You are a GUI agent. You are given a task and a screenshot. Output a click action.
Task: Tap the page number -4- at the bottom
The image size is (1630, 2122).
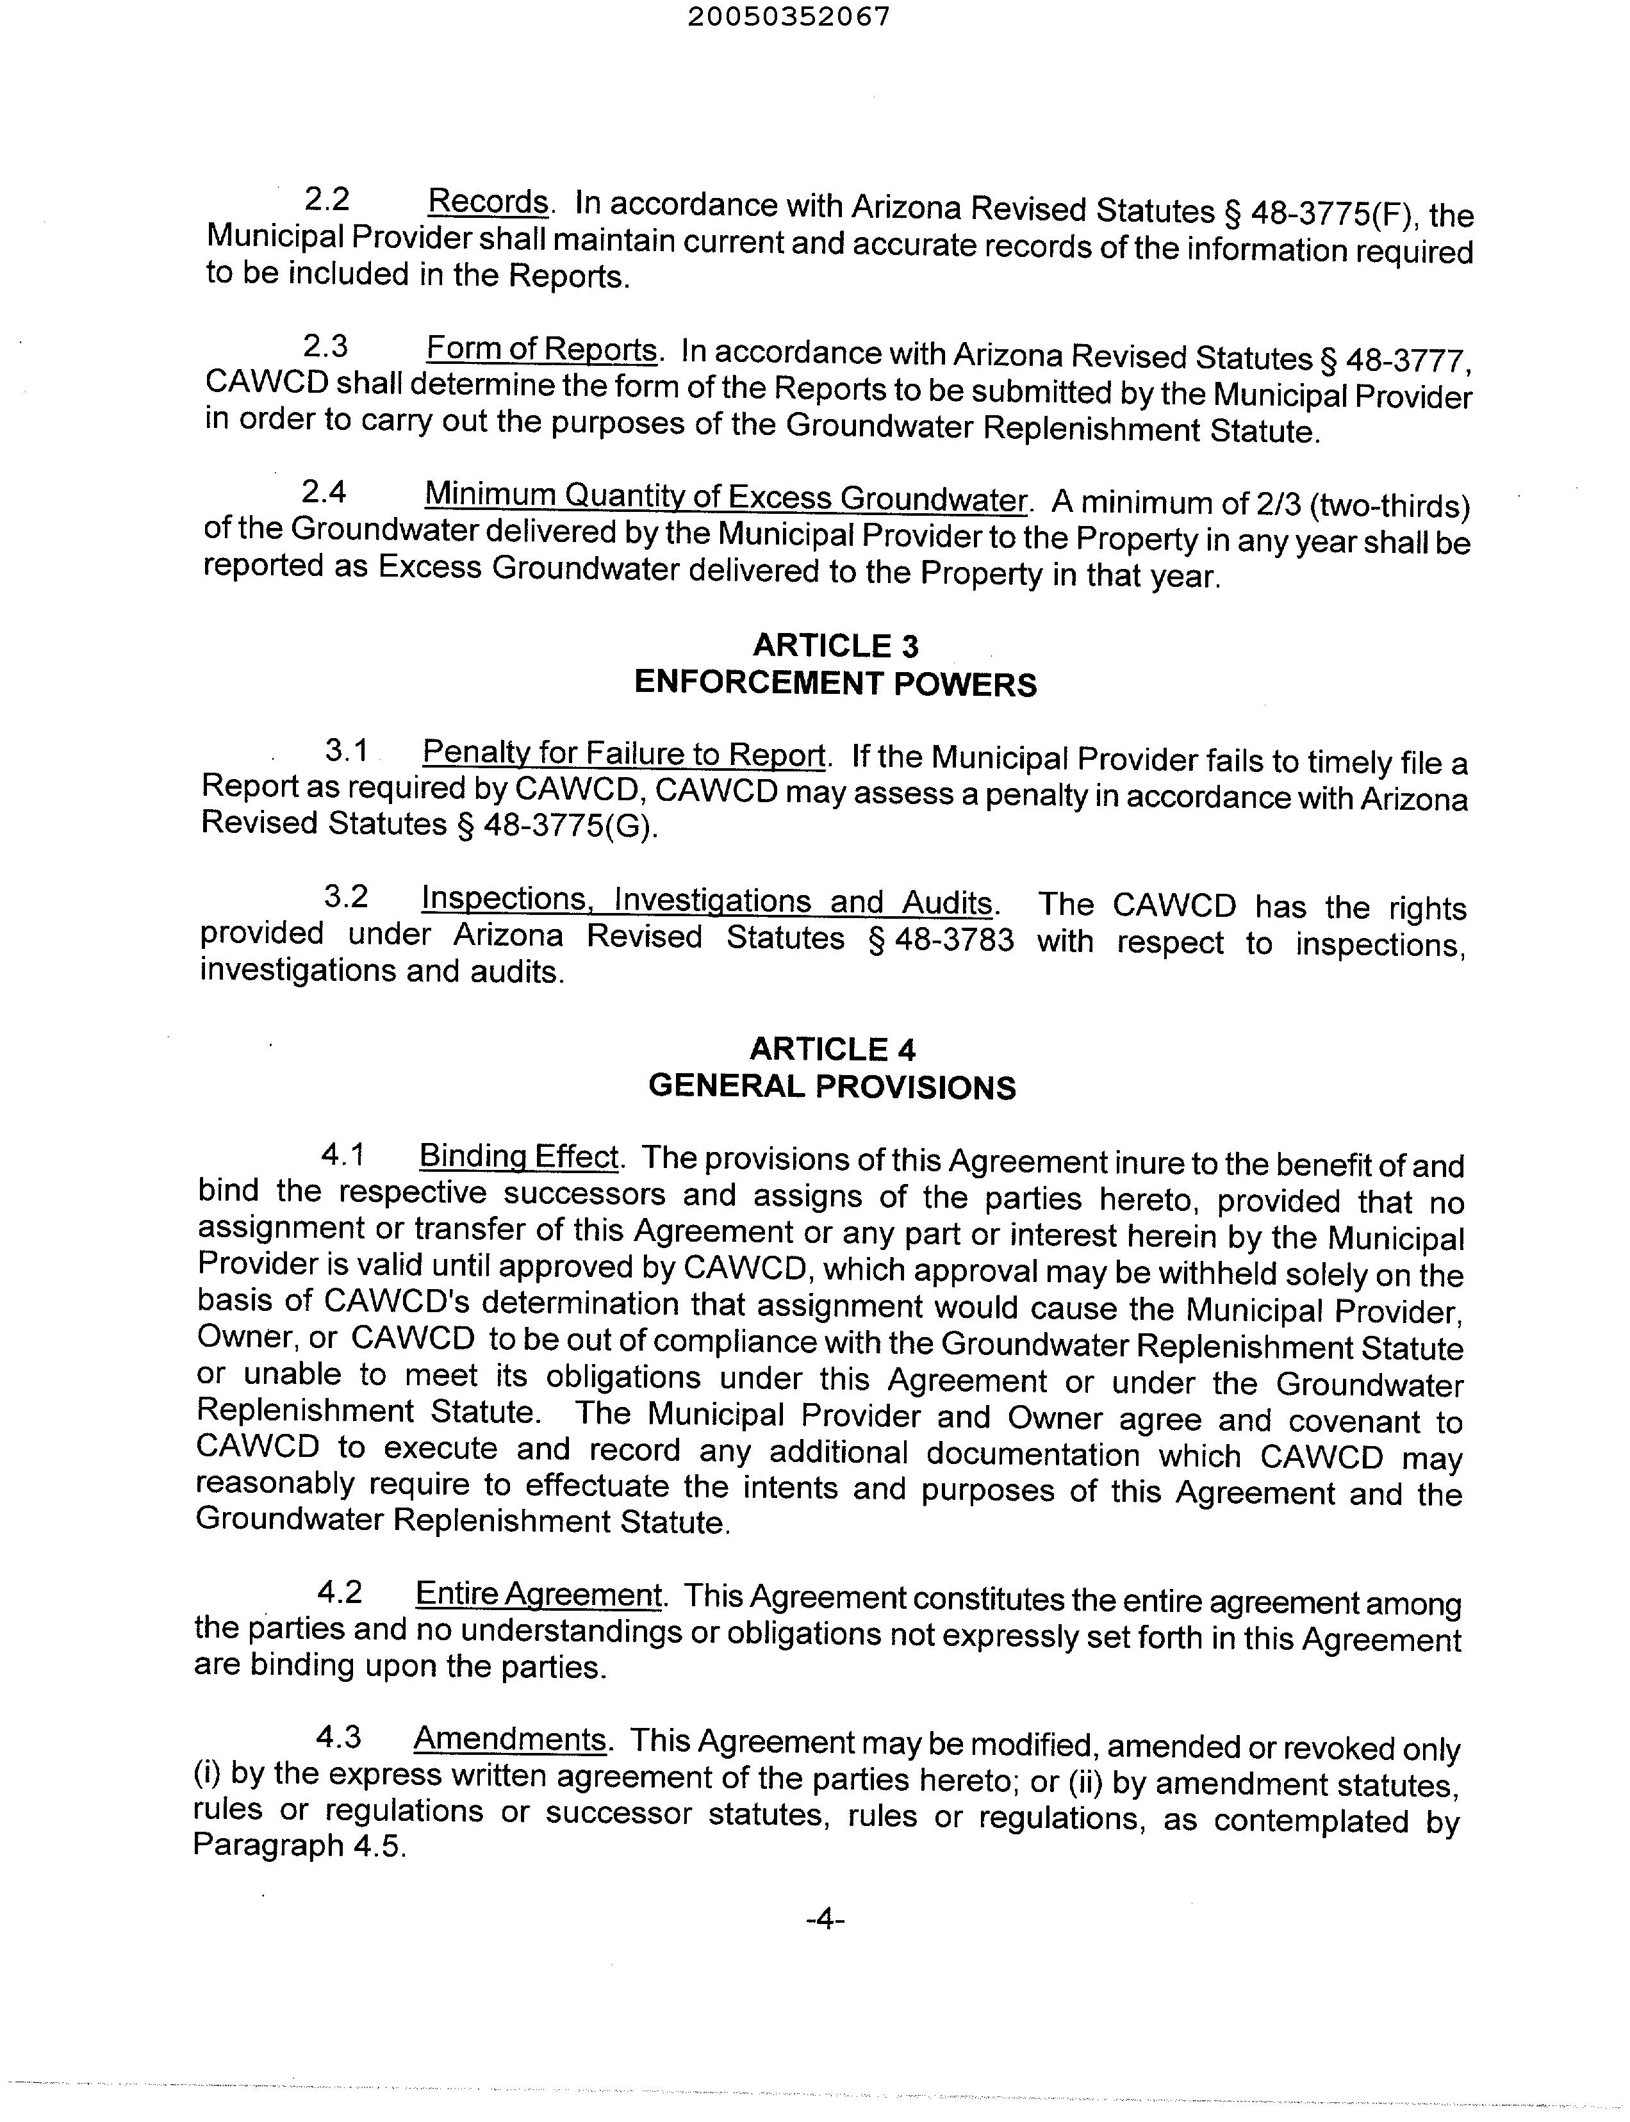[826, 1918]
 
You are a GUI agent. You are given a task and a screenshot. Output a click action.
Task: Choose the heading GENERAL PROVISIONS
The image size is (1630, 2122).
[832, 1087]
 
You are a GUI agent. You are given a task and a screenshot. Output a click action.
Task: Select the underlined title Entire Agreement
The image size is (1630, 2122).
[538, 1594]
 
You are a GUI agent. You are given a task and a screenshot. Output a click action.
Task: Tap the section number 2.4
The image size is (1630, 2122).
[324, 493]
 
